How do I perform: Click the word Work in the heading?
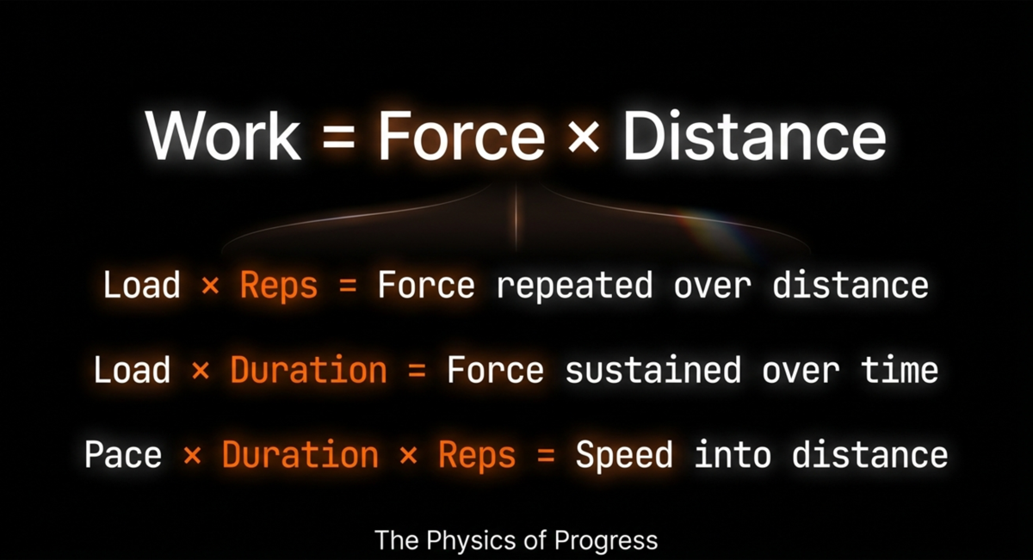tap(223, 137)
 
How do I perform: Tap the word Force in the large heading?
tap(461, 137)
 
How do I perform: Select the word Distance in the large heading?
tap(753, 137)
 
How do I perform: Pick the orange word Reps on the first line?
tap(278, 286)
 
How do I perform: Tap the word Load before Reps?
tap(142, 286)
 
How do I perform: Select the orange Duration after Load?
tap(308, 371)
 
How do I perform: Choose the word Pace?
tap(123, 454)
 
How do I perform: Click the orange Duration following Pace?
tap(300, 454)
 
